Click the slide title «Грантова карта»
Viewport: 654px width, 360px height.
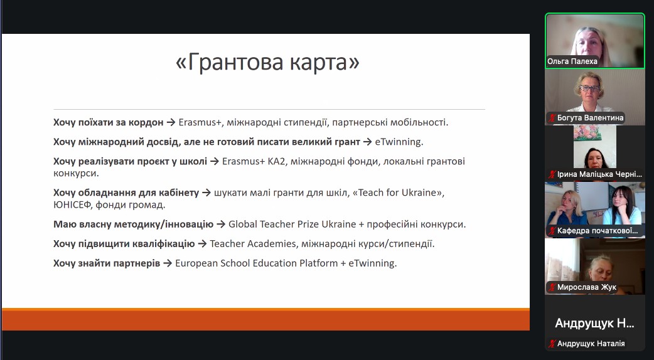[x=267, y=63]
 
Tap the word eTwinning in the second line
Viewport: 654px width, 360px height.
[x=399, y=142]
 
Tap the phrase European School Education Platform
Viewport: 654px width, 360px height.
[x=257, y=263]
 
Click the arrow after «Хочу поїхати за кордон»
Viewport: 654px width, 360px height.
[x=171, y=122]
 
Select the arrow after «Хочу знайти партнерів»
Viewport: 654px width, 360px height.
[x=167, y=263]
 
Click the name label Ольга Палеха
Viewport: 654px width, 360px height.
[x=572, y=61]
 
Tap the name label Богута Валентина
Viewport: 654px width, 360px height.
[x=590, y=118]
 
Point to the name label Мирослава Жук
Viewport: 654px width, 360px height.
[x=586, y=287]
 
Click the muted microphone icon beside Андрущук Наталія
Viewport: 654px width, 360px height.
[x=552, y=344]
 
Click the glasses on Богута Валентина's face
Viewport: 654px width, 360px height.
[x=589, y=88]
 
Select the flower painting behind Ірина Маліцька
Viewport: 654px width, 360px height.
[x=587, y=132]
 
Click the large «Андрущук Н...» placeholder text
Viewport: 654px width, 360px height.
[x=594, y=324]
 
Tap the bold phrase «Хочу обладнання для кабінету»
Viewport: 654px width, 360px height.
[x=126, y=193]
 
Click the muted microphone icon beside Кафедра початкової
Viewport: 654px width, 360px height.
[x=552, y=231]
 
